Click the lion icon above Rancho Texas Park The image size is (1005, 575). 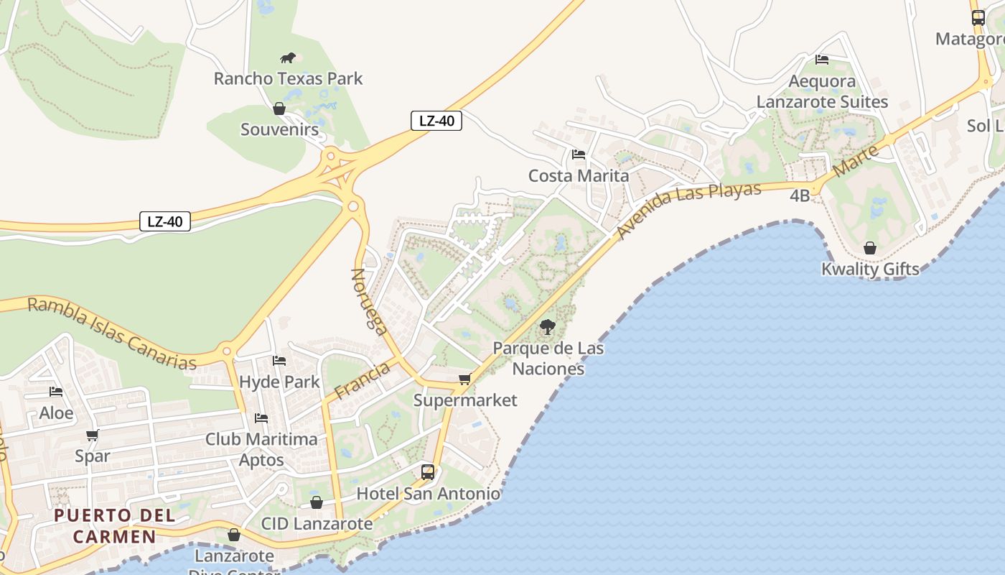pyautogui.click(x=288, y=57)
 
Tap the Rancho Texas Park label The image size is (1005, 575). pyautogui.click(x=289, y=78)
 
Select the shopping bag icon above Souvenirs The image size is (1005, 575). pyautogui.click(x=279, y=109)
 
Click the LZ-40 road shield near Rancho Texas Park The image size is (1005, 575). pyautogui.click(x=436, y=121)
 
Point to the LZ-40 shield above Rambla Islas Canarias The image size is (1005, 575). pyautogui.click(x=165, y=221)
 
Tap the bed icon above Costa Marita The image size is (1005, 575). pyautogui.click(x=579, y=155)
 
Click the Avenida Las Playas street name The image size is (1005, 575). pyautogui.click(x=688, y=209)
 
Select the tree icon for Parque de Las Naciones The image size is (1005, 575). pyautogui.click(x=548, y=327)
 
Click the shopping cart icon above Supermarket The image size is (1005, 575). pyautogui.click(x=465, y=379)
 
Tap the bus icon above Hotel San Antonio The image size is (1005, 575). pyautogui.click(x=428, y=472)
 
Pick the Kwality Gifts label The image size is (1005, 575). pyautogui.click(x=870, y=270)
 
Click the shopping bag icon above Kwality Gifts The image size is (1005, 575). pyautogui.click(x=870, y=248)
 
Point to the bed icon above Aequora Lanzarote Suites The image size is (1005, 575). pyautogui.click(x=822, y=60)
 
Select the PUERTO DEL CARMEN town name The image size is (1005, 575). pyautogui.click(x=114, y=525)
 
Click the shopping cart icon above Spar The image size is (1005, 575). pyautogui.click(x=93, y=435)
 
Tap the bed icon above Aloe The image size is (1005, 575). pyautogui.click(x=56, y=392)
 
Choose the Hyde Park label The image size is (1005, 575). pyautogui.click(x=279, y=382)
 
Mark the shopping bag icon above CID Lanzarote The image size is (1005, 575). pyautogui.click(x=317, y=502)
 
